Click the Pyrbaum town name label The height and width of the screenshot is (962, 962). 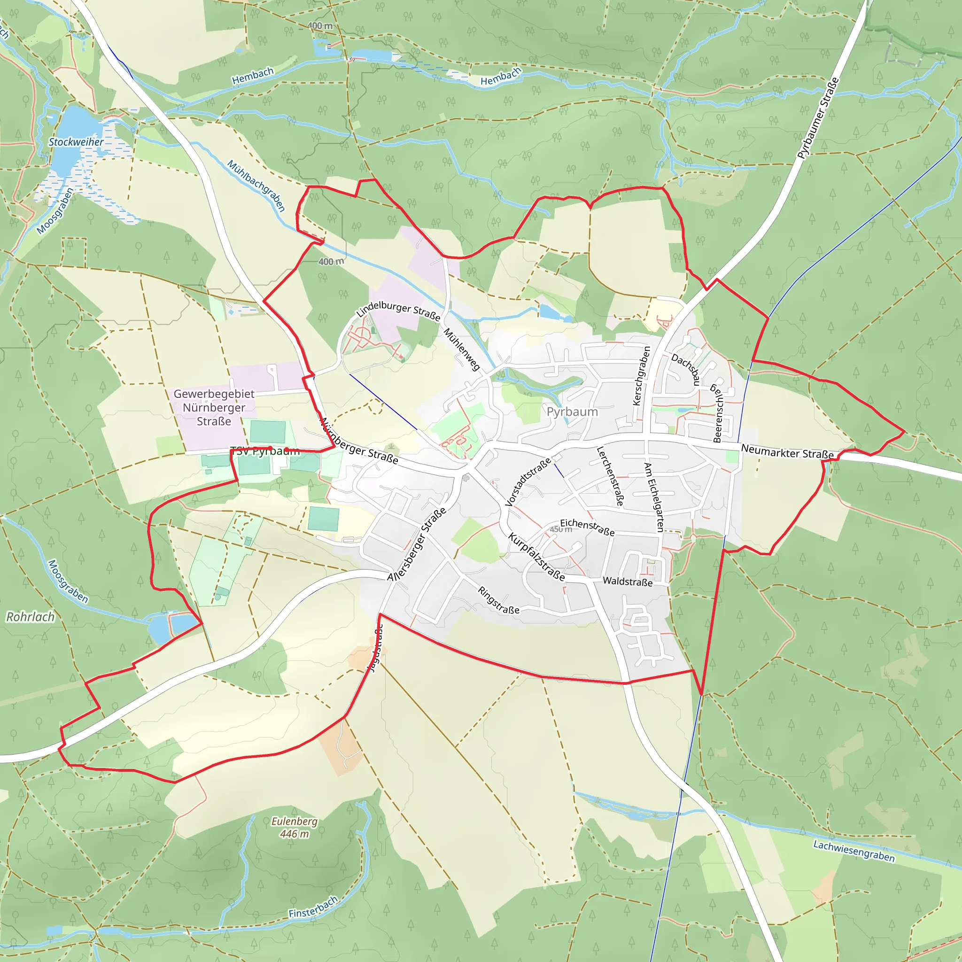pos(572,412)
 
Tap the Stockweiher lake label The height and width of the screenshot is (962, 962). pos(76,142)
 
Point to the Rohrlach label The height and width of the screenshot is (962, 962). pos(31,617)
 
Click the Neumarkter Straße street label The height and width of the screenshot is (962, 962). pos(787,451)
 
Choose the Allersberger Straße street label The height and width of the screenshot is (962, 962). pos(417,545)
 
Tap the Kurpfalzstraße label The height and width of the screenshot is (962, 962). pos(536,557)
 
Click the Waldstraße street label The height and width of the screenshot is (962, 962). pos(628,582)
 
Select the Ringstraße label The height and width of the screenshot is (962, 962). pos(498,600)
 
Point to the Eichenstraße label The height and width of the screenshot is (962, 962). pos(587,527)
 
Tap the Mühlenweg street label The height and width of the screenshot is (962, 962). pos(462,349)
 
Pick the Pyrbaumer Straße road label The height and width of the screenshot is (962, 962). pos(818,118)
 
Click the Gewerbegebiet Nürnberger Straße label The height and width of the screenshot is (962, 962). pos(214,407)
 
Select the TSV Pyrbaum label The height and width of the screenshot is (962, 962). pos(265,451)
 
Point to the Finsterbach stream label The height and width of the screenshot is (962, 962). pos(313,907)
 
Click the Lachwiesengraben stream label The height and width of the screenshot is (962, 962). pos(854,851)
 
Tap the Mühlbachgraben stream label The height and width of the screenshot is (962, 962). pos(256,186)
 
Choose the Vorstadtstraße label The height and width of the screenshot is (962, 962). pos(528,482)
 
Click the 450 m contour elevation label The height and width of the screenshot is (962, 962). pos(561,529)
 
